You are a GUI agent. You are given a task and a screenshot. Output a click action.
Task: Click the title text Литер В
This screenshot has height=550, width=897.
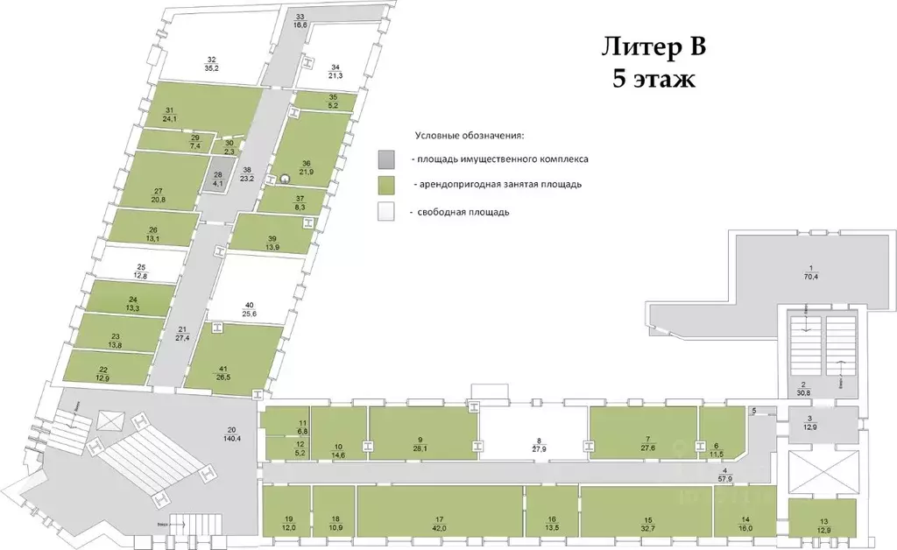click(652, 46)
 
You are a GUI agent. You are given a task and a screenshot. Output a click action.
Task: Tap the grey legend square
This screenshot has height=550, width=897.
click(386, 159)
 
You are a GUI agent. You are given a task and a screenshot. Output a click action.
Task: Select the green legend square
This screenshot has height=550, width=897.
click(386, 185)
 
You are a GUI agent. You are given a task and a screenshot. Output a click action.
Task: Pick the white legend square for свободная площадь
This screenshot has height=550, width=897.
click(386, 211)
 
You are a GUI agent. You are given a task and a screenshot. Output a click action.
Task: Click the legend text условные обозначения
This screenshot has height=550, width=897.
click(469, 136)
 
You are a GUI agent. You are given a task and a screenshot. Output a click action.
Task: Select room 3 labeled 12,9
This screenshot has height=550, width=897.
click(810, 423)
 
